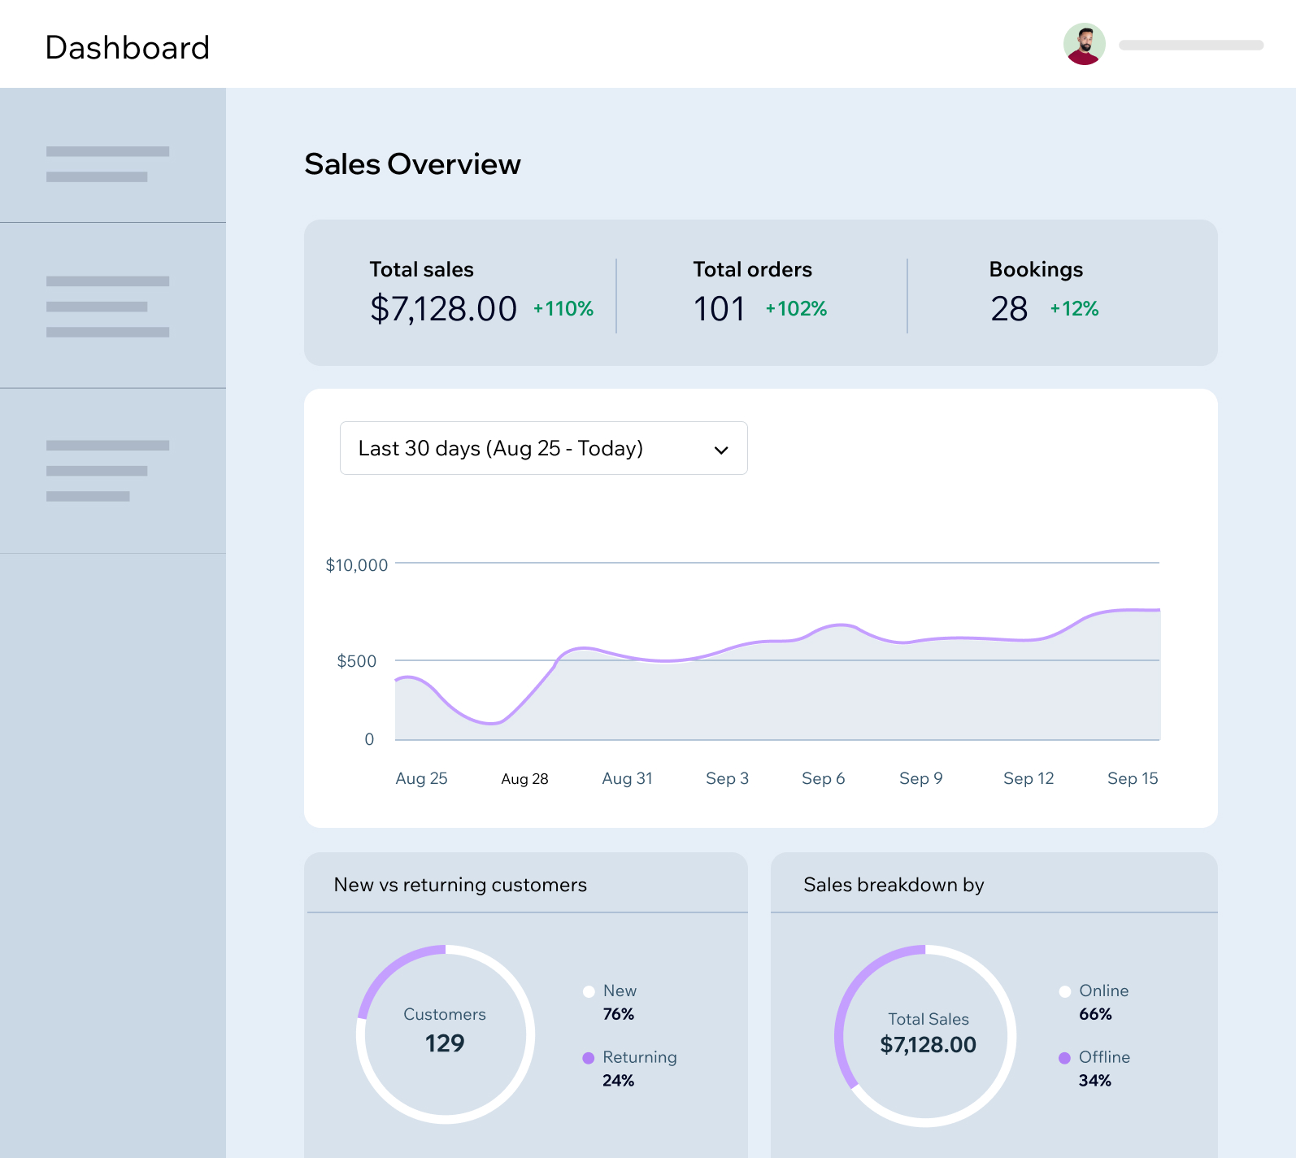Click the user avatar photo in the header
pyautogui.click(x=1084, y=44)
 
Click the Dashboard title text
pyautogui.click(x=128, y=48)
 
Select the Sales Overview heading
pyautogui.click(x=412, y=164)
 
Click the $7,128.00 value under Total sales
pyautogui.click(x=443, y=309)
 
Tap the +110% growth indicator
pyautogui.click(x=563, y=309)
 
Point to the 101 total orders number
pyautogui.click(x=719, y=309)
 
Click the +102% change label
pyautogui.click(x=796, y=309)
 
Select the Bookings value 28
pyautogui.click(x=1009, y=309)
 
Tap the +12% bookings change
pyautogui.click(x=1074, y=309)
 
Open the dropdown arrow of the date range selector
pyautogui.click(x=721, y=450)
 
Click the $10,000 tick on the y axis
pyautogui.click(x=356, y=565)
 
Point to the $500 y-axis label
pyautogui.click(x=356, y=661)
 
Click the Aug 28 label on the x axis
pyautogui.click(x=524, y=779)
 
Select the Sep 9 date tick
pyautogui.click(x=920, y=778)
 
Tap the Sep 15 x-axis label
pyautogui.click(x=1132, y=778)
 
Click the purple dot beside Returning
pyautogui.click(x=589, y=1058)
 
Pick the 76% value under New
pyautogui.click(x=618, y=1014)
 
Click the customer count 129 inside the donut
pyautogui.click(x=445, y=1043)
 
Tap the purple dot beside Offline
pyautogui.click(x=1064, y=1058)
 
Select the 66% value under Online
pyautogui.click(x=1095, y=1014)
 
